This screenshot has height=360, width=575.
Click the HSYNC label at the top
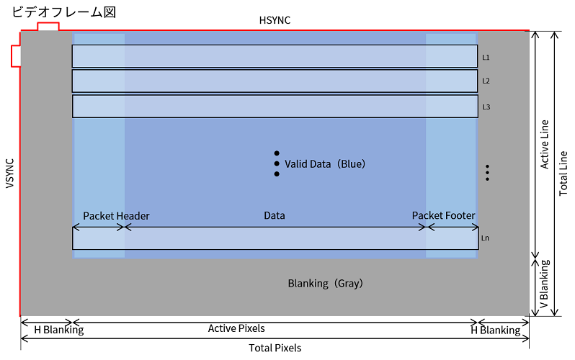tap(275, 20)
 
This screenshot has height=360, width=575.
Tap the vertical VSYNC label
tap(10, 174)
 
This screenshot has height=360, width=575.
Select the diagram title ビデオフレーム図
tap(64, 12)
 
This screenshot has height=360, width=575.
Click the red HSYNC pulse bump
tap(48, 26)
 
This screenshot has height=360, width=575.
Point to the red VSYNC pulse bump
tap(16, 56)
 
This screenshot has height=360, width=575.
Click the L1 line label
tap(486, 57)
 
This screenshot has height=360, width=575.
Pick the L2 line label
tap(486, 81)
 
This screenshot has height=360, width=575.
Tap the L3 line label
tap(486, 107)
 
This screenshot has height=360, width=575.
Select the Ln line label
tap(485, 238)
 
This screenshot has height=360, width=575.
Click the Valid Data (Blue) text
tap(325, 164)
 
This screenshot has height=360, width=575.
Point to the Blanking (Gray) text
tap(325, 284)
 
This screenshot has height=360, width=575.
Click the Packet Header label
tap(116, 216)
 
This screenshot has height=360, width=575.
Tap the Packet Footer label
tap(443, 215)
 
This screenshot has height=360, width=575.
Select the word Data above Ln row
tap(275, 215)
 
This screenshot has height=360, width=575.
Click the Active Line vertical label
tap(545, 145)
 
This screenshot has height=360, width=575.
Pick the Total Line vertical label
tap(563, 174)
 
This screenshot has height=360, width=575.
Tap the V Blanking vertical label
tap(545, 284)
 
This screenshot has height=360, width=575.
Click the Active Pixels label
tap(236, 328)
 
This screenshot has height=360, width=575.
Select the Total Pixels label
tap(275, 348)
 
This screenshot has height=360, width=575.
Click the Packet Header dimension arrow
tap(99, 228)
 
